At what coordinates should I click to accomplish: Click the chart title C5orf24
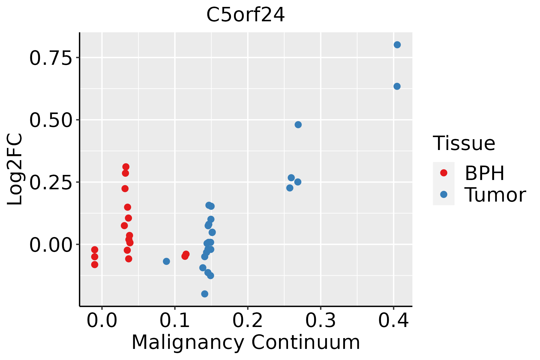tap(245, 15)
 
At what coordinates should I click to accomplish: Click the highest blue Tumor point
tap(397, 45)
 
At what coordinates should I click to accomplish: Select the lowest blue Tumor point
tap(205, 294)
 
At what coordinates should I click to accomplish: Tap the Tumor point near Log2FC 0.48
tap(298, 124)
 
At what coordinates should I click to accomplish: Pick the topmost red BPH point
tap(126, 166)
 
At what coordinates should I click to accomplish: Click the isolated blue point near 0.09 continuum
tap(166, 261)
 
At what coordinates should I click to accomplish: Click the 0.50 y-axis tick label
tap(51, 120)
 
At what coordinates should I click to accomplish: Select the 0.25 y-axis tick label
tap(51, 182)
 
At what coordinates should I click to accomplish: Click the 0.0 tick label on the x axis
tap(102, 320)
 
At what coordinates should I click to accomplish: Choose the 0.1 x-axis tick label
tap(175, 320)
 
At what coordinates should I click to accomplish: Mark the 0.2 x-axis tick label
tap(248, 320)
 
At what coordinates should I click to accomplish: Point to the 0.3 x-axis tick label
tap(321, 320)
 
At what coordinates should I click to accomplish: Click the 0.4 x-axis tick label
tap(393, 320)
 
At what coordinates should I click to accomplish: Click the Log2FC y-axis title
tap(15, 169)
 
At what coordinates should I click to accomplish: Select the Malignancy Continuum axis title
tap(245, 342)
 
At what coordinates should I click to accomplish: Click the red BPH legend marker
tap(443, 173)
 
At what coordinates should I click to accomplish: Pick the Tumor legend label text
tap(495, 195)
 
